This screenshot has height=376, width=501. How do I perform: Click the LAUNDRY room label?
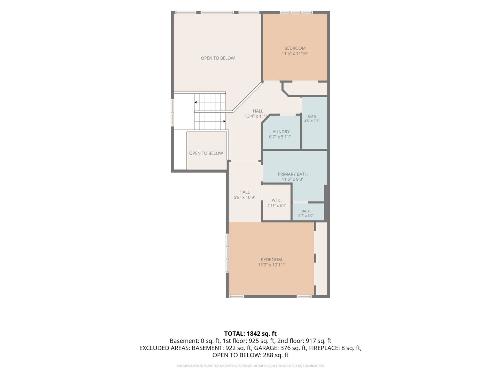click(x=280, y=132)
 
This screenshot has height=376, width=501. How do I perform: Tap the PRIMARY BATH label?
click(x=293, y=174)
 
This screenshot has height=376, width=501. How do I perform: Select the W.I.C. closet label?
click(x=277, y=201)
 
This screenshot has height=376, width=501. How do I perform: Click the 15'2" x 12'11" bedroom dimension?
click(x=271, y=265)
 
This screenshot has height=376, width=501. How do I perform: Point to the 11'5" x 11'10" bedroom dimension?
click(x=295, y=53)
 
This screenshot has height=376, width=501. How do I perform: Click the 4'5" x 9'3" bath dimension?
click(x=312, y=121)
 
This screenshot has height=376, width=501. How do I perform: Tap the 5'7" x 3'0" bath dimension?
click(x=306, y=216)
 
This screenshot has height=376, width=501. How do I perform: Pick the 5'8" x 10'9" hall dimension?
click(x=245, y=197)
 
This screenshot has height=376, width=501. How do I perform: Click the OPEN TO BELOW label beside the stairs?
click(x=206, y=153)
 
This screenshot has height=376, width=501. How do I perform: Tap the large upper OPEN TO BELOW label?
click(x=218, y=58)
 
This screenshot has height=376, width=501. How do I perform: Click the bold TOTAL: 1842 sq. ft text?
click(x=250, y=334)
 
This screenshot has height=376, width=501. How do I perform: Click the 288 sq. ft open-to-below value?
click(x=276, y=355)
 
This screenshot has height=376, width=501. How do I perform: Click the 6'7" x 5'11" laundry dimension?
click(x=280, y=137)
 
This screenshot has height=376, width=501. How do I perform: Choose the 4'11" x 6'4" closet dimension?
click(x=277, y=205)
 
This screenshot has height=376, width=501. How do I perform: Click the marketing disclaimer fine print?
click(x=250, y=366)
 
